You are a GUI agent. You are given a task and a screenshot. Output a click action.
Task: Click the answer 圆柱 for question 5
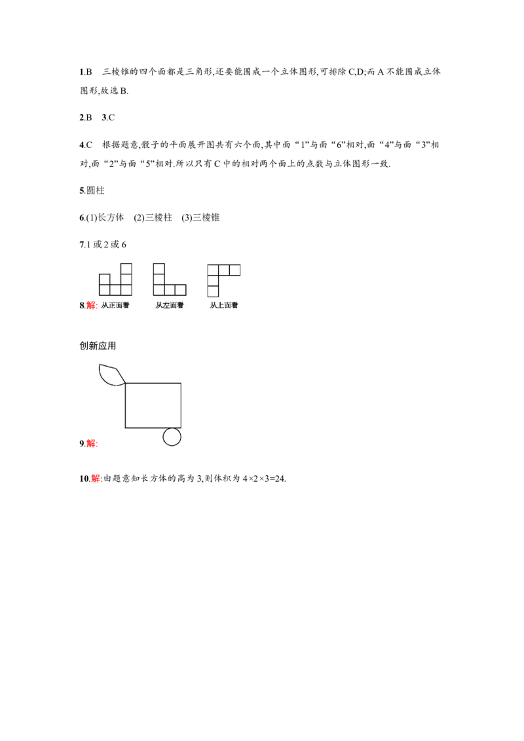(96, 190)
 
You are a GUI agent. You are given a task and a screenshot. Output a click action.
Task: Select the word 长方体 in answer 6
(111, 217)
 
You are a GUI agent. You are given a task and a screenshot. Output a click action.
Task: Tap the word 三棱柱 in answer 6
(159, 217)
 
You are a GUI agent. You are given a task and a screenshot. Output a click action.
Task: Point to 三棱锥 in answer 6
(206, 217)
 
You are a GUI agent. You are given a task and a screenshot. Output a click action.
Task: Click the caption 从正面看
(115, 305)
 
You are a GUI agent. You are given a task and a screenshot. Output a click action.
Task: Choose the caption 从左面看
(169, 305)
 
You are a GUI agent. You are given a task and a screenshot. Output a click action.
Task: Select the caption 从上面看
(224, 305)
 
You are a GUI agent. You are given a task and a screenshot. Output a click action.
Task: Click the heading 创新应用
(98, 346)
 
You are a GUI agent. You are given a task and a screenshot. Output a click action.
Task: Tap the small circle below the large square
(172, 437)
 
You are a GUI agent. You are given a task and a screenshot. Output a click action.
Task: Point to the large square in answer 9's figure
(153, 405)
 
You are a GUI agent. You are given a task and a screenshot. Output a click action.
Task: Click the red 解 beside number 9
(91, 443)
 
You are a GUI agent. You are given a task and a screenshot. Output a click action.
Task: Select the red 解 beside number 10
(96, 479)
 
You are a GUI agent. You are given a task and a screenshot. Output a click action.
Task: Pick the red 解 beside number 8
(91, 305)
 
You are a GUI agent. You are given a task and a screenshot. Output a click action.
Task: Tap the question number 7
(81, 245)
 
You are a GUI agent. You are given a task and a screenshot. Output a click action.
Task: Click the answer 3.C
(108, 118)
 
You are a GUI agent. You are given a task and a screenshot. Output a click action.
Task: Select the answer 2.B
(86, 118)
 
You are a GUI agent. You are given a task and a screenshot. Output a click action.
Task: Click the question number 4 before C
(81, 145)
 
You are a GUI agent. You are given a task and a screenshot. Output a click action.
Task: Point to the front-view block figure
(115, 280)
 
